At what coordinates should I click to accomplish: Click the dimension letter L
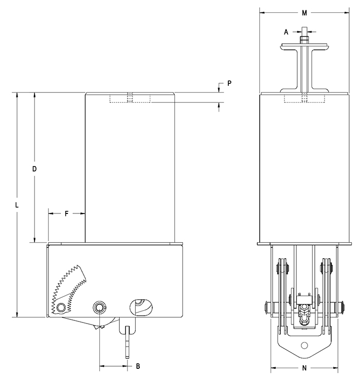click(x=17, y=205)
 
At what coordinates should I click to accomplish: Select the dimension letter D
click(x=34, y=168)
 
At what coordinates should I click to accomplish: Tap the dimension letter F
click(x=67, y=212)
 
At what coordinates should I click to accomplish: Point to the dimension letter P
click(x=229, y=83)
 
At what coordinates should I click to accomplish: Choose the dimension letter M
click(x=304, y=12)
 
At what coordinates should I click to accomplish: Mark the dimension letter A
click(x=286, y=32)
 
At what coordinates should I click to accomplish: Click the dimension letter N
click(x=304, y=368)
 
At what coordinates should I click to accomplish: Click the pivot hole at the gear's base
click(x=62, y=308)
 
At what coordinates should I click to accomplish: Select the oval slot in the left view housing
click(x=141, y=306)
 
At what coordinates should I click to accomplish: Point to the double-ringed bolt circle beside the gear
click(x=99, y=308)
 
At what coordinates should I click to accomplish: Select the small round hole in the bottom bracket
click(x=304, y=345)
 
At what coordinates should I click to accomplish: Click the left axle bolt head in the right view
click(x=266, y=308)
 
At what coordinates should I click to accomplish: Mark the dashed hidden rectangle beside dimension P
click(x=130, y=99)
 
